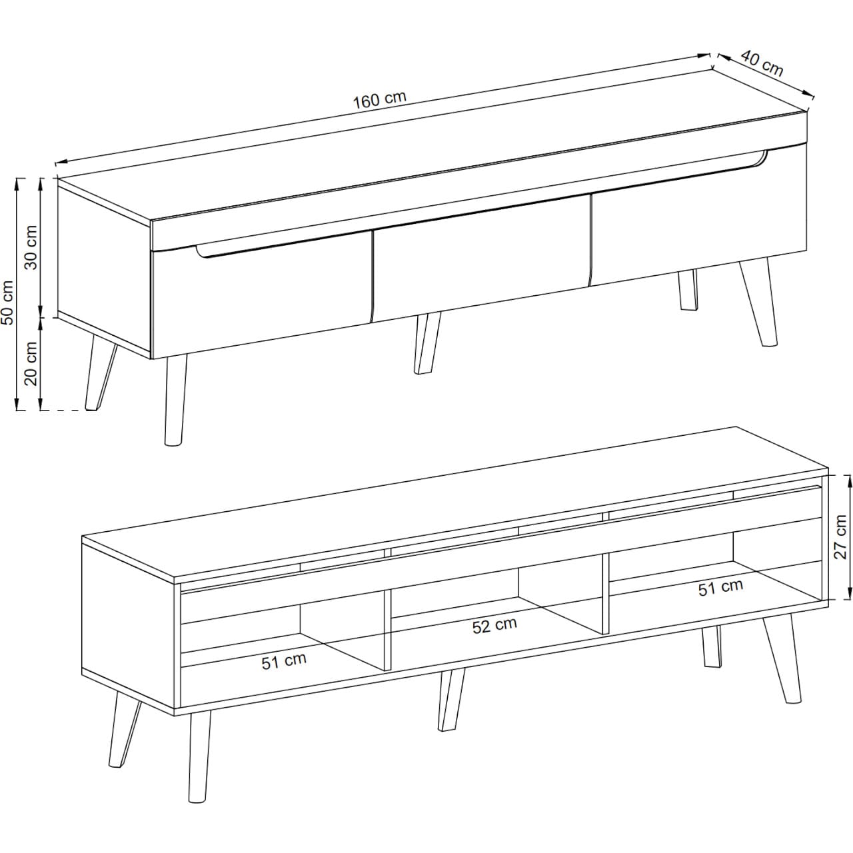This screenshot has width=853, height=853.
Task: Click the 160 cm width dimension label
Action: (379, 100)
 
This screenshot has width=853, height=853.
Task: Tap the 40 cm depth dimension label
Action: (762, 64)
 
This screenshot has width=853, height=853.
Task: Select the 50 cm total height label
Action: (8, 303)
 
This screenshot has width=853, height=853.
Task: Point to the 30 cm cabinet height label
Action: (31, 247)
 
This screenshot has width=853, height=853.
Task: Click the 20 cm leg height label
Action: (31, 364)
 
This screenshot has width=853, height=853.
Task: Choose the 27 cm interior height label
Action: (840, 536)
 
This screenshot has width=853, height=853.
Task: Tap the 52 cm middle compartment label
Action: (494, 625)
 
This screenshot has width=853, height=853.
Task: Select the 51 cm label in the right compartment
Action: (720, 587)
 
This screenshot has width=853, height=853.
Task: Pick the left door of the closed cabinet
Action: (261, 296)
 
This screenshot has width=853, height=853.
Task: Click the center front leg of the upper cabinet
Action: (426, 343)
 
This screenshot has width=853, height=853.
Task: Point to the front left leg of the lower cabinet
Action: (199, 762)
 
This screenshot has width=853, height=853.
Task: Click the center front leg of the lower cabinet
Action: (451, 699)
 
